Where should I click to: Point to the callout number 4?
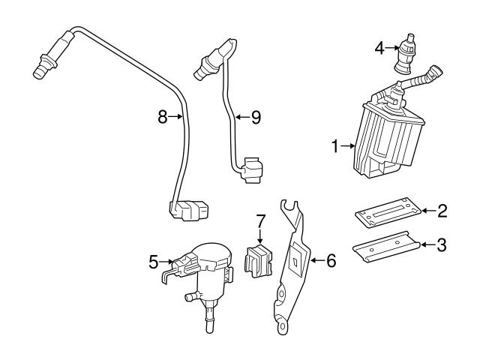pos(380,49)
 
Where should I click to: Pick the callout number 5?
pos(153,262)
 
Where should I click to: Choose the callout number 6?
pos(331,261)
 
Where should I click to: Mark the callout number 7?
pos(260,221)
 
